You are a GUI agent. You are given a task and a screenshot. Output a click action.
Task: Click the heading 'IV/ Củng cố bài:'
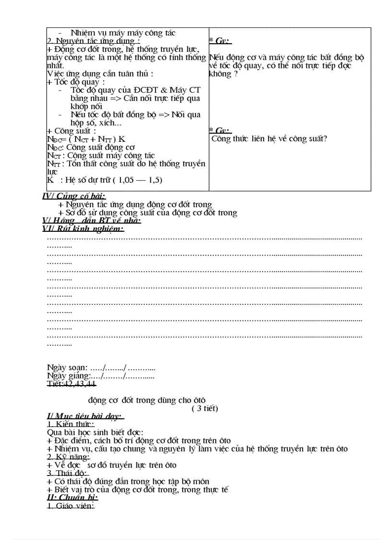click(x=74, y=196)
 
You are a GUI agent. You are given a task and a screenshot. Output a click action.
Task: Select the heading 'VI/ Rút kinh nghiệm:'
click(x=83, y=229)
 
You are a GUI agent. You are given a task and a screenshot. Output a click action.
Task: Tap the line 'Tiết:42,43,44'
click(x=72, y=384)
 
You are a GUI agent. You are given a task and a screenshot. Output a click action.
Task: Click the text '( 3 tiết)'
click(x=205, y=409)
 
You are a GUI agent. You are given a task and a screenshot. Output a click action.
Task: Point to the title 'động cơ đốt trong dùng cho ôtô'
click(x=147, y=400)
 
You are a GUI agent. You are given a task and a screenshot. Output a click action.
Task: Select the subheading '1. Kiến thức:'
click(x=71, y=424)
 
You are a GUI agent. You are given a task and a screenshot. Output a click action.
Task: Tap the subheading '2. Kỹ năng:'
click(x=69, y=457)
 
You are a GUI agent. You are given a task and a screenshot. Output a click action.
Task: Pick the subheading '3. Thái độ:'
click(x=67, y=473)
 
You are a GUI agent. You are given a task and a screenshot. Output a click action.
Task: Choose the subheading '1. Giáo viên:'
click(x=71, y=506)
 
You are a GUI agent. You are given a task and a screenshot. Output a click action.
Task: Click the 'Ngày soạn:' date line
click(x=101, y=368)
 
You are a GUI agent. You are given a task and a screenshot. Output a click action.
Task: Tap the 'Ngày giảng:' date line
click(x=101, y=376)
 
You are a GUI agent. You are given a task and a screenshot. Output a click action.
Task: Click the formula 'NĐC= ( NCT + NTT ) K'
click(x=86, y=139)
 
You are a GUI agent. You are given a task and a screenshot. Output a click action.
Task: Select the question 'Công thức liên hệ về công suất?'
click(x=269, y=139)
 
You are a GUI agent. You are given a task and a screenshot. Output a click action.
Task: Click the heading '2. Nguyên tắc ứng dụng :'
click(x=87, y=41)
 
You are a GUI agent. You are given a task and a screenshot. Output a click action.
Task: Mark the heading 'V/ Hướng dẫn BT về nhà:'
click(x=91, y=221)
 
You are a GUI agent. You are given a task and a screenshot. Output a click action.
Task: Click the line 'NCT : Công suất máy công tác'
click(x=101, y=155)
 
